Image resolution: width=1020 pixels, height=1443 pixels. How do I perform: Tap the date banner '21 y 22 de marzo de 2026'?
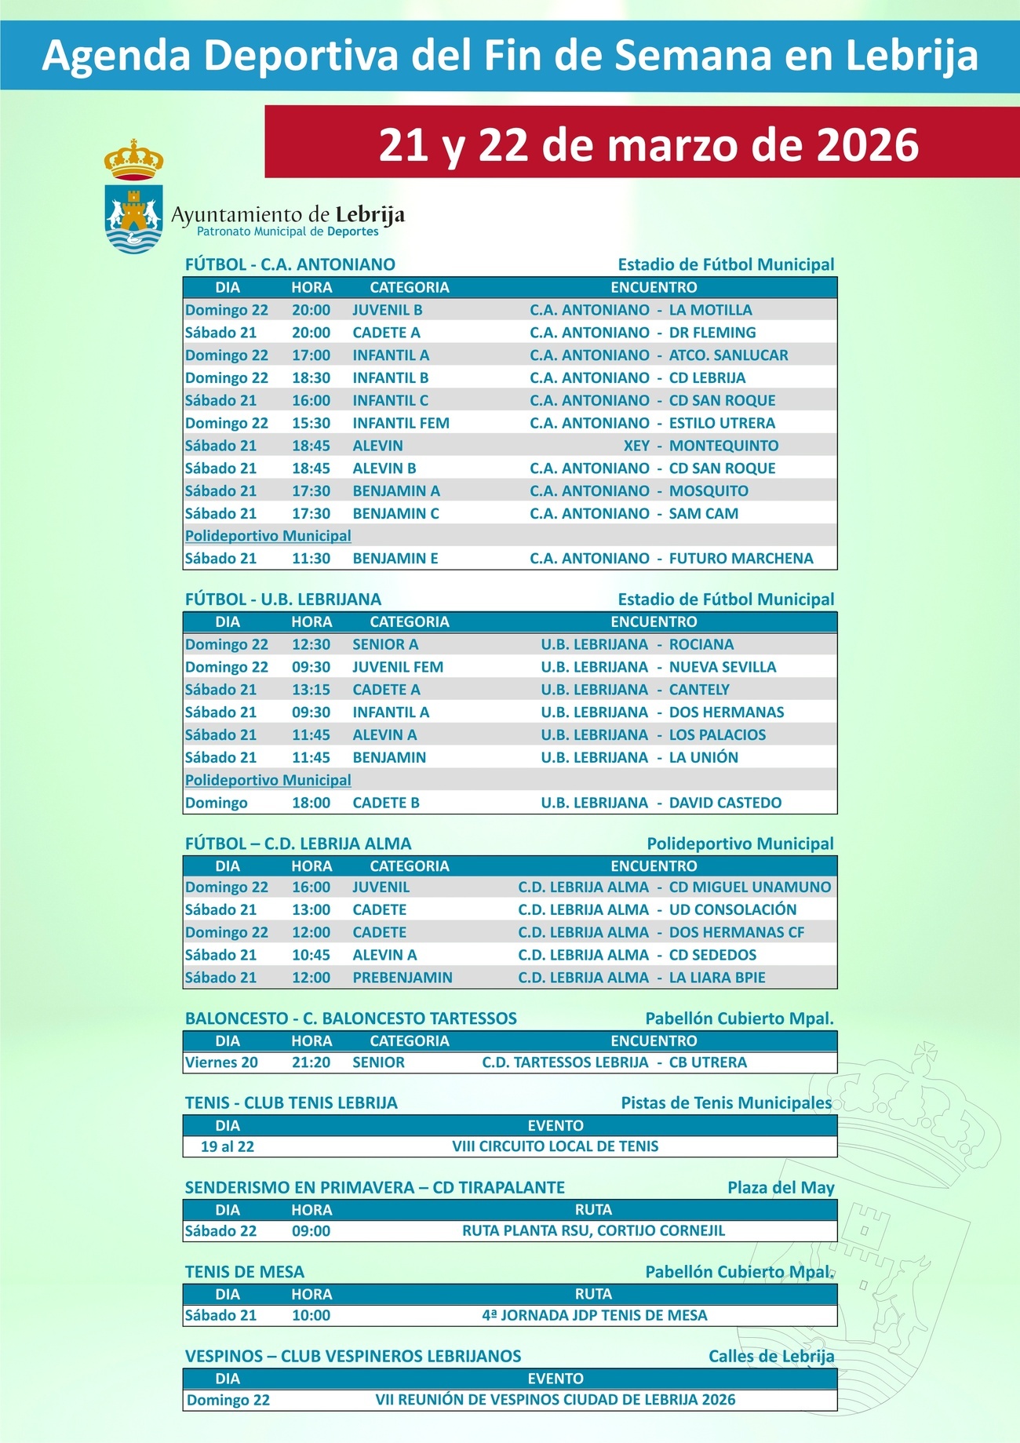(x=648, y=144)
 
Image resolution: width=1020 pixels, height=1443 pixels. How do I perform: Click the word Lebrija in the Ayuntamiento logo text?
(x=370, y=214)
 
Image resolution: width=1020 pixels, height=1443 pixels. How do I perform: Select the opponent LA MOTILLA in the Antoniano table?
(x=710, y=310)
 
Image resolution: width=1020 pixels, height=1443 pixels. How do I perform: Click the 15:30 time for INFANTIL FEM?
(x=311, y=423)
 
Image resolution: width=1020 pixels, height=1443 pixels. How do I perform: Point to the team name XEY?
(x=636, y=446)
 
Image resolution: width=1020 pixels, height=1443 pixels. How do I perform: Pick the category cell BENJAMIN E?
(x=395, y=559)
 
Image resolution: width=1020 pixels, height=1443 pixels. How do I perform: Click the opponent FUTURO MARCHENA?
(x=741, y=559)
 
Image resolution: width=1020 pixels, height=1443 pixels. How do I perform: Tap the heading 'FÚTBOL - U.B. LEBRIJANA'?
(x=282, y=599)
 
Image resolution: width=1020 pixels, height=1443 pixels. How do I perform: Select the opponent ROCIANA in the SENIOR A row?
(x=701, y=644)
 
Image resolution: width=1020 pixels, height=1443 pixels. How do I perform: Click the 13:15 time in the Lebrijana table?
(x=311, y=690)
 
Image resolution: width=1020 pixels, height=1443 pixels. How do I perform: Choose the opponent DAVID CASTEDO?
(x=725, y=803)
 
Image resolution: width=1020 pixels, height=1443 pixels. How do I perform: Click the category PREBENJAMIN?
(x=402, y=978)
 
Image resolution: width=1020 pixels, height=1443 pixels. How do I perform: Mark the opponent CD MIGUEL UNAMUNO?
(x=749, y=887)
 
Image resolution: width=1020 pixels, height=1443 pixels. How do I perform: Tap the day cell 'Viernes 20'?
(x=221, y=1062)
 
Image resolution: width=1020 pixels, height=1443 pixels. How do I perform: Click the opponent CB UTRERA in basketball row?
(x=708, y=1062)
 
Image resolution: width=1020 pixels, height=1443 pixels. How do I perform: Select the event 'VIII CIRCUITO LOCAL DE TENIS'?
(x=555, y=1146)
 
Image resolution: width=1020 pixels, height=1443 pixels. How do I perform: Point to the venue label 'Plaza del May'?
(x=780, y=1188)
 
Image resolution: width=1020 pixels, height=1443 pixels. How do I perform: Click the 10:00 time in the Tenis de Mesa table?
(x=311, y=1315)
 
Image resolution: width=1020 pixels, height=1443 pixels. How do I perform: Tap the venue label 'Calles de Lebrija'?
(x=770, y=1357)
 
